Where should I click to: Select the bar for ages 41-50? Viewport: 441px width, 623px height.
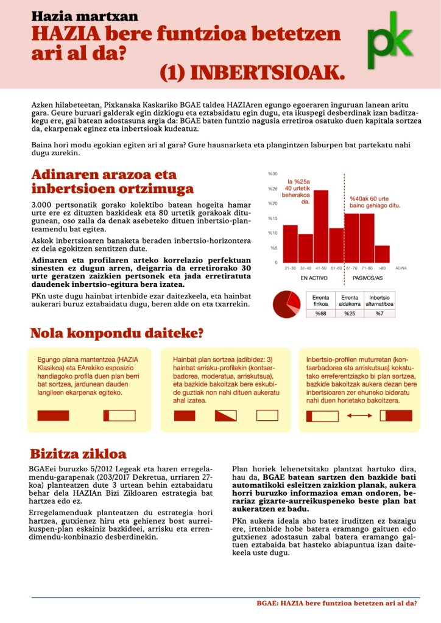tap(321, 226)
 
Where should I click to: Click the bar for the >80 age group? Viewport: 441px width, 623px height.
tap(383, 254)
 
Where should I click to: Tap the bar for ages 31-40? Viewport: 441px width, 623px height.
tap(306, 248)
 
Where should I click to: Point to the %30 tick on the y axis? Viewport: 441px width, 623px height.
tap(272, 174)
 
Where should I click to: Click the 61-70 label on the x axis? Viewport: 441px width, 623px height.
tap(351, 267)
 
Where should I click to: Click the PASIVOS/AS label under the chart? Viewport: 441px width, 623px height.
tap(367, 278)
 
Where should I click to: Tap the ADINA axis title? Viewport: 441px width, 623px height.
tap(401, 268)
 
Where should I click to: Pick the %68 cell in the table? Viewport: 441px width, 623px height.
tap(320, 313)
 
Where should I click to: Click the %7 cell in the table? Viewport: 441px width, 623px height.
tap(379, 313)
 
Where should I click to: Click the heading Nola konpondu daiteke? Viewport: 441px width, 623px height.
tap(116, 334)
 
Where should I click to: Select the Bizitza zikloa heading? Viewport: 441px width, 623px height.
tap(78, 454)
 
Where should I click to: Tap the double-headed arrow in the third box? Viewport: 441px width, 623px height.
tap(359, 416)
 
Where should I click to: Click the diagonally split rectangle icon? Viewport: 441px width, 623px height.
tap(225, 416)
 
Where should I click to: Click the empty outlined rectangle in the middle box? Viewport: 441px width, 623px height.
tap(267, 416)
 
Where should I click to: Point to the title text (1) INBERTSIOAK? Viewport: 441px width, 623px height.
tap(252, 72)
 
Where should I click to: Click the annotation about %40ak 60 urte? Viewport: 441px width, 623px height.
tap(374, 202)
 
